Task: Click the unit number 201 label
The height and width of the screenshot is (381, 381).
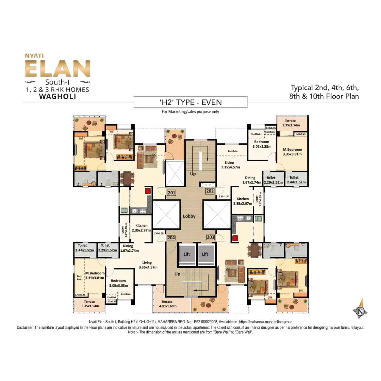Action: (171, 193)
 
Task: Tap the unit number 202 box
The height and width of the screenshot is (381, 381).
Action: (210, 191)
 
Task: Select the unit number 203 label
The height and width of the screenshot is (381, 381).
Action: (210, 237)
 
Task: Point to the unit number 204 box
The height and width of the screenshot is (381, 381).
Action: (171, 238)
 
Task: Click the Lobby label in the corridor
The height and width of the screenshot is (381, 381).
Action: (189, 216)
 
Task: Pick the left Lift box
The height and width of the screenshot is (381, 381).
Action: (187, 254)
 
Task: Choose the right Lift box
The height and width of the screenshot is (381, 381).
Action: (205, 254)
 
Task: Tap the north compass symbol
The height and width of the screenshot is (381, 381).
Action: (360, 311)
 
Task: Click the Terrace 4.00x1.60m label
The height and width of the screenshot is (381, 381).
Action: (168, 304)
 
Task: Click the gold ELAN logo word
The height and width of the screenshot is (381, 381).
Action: (57, 69)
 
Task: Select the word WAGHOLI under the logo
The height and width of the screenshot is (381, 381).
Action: (57, 96)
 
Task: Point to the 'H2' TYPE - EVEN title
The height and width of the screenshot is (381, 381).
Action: (190, 102)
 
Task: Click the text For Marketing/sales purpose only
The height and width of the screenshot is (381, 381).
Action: (190, 112)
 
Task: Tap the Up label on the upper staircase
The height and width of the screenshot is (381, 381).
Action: (193, 174)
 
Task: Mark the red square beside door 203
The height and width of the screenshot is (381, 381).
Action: (235, 238)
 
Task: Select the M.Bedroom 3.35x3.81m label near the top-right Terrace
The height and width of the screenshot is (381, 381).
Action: (292, 152)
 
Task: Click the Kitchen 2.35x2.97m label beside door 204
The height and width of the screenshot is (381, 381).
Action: (141, 228)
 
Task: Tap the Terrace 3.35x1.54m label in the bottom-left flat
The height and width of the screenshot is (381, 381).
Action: (90, 304)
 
